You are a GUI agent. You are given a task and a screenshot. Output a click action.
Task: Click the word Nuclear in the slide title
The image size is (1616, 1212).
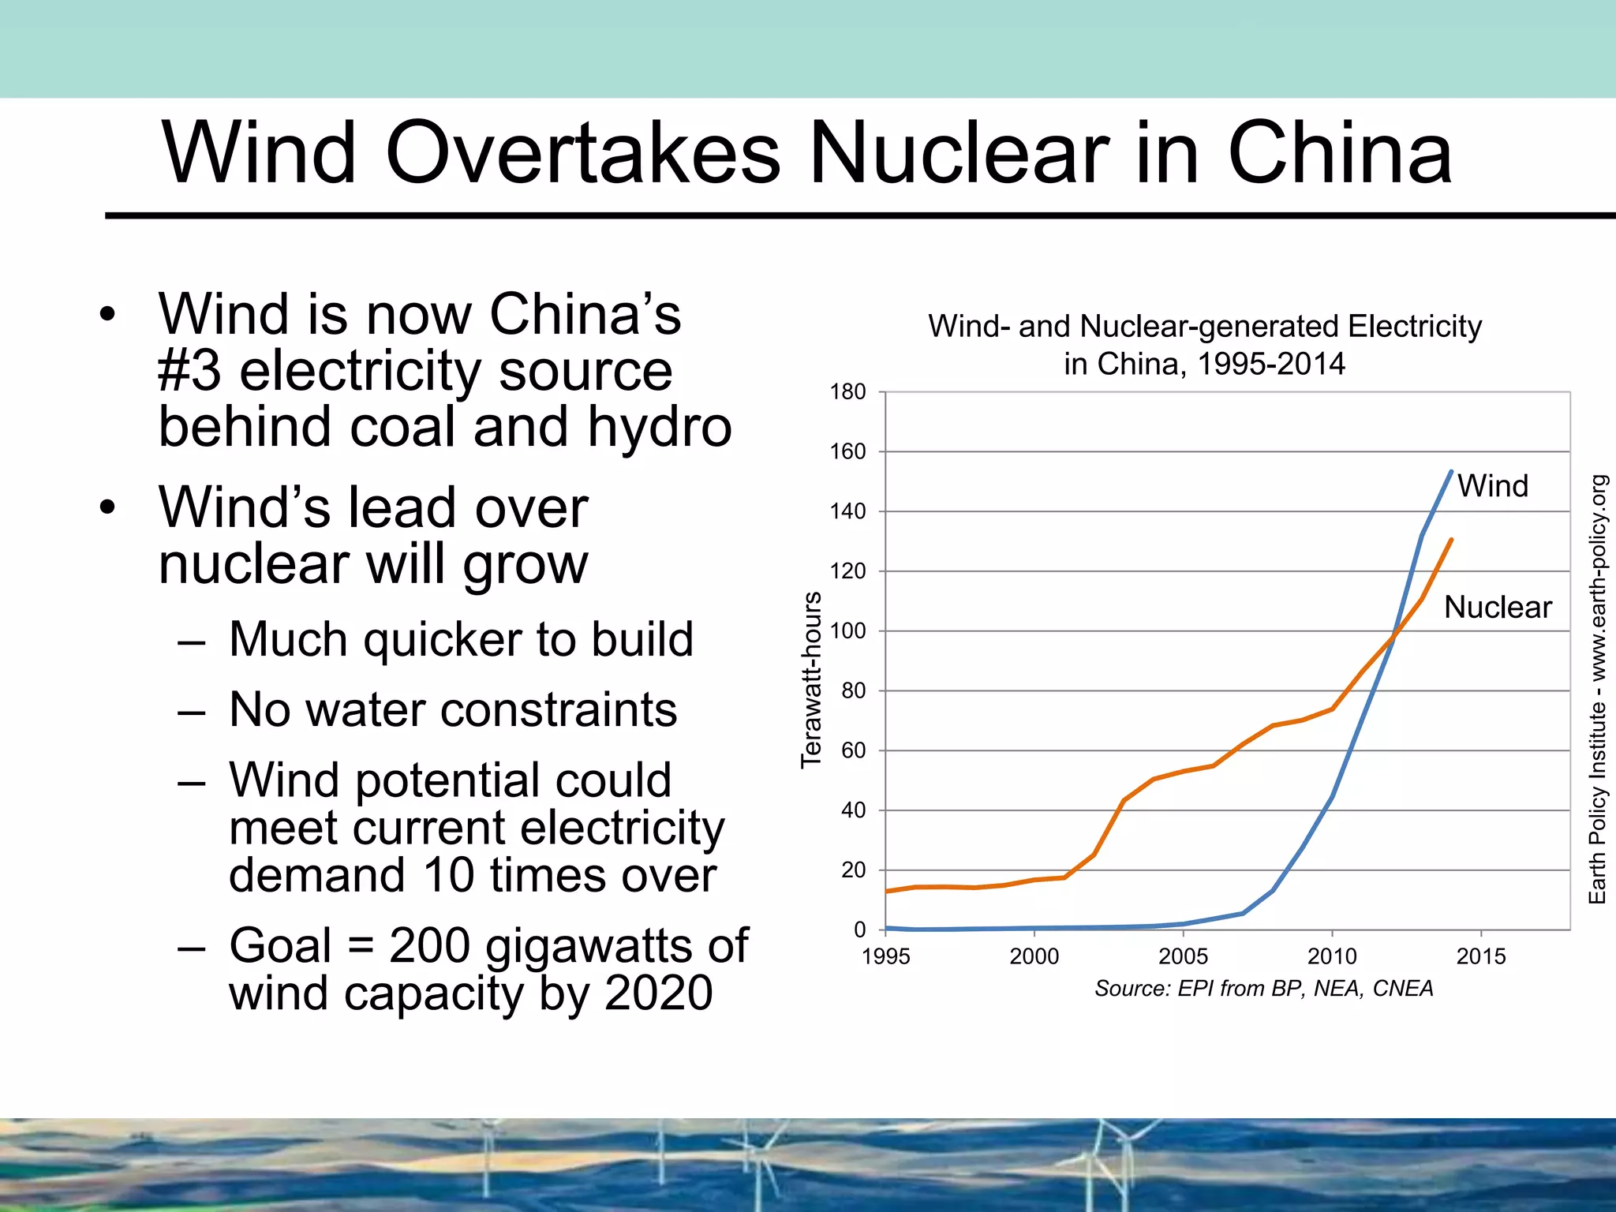[959, 154]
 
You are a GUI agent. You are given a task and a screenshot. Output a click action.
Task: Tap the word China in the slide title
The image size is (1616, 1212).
[1339, 154]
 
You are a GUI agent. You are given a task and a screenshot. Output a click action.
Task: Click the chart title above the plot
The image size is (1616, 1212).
[1204, 345]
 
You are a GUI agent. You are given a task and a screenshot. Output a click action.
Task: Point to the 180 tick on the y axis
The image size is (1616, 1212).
[847, 392]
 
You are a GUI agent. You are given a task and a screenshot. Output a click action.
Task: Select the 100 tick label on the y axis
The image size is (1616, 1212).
[847, 631]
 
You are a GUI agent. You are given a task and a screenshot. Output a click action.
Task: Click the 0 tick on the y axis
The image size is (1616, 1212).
[859, 930]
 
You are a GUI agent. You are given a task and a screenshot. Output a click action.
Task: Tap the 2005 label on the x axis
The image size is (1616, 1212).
[1183, 957]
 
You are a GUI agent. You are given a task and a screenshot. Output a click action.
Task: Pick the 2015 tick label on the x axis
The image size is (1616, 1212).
[1480, 957]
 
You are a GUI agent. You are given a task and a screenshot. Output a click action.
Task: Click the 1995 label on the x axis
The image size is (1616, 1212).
[885, 957]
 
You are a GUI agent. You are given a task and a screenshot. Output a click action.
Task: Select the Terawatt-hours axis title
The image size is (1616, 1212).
[811, 680]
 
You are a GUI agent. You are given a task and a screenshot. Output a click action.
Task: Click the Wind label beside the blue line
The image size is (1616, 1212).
[1492, 486]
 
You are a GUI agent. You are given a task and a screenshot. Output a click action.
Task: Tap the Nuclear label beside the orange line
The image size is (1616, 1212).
[1498, 608]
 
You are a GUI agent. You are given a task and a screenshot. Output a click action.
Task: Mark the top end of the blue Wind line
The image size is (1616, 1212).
[1451, 472]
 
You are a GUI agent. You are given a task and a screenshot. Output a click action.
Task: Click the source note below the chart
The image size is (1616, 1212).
[1263, 989]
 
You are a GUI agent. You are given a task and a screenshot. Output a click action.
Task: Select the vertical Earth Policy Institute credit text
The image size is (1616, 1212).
[1597, 689]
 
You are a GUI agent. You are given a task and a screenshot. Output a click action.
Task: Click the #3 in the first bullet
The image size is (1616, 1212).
[189, 371]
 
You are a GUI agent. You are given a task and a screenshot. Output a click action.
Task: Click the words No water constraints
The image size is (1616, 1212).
[453, 709]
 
